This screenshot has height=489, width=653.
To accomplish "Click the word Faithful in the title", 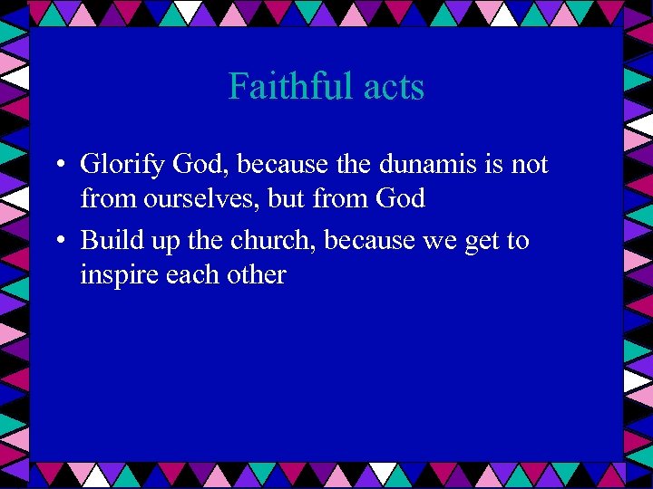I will [x=286, y=88].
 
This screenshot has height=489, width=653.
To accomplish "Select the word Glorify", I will [x=122, y=166].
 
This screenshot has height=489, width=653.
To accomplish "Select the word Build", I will [x=107, y=241].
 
